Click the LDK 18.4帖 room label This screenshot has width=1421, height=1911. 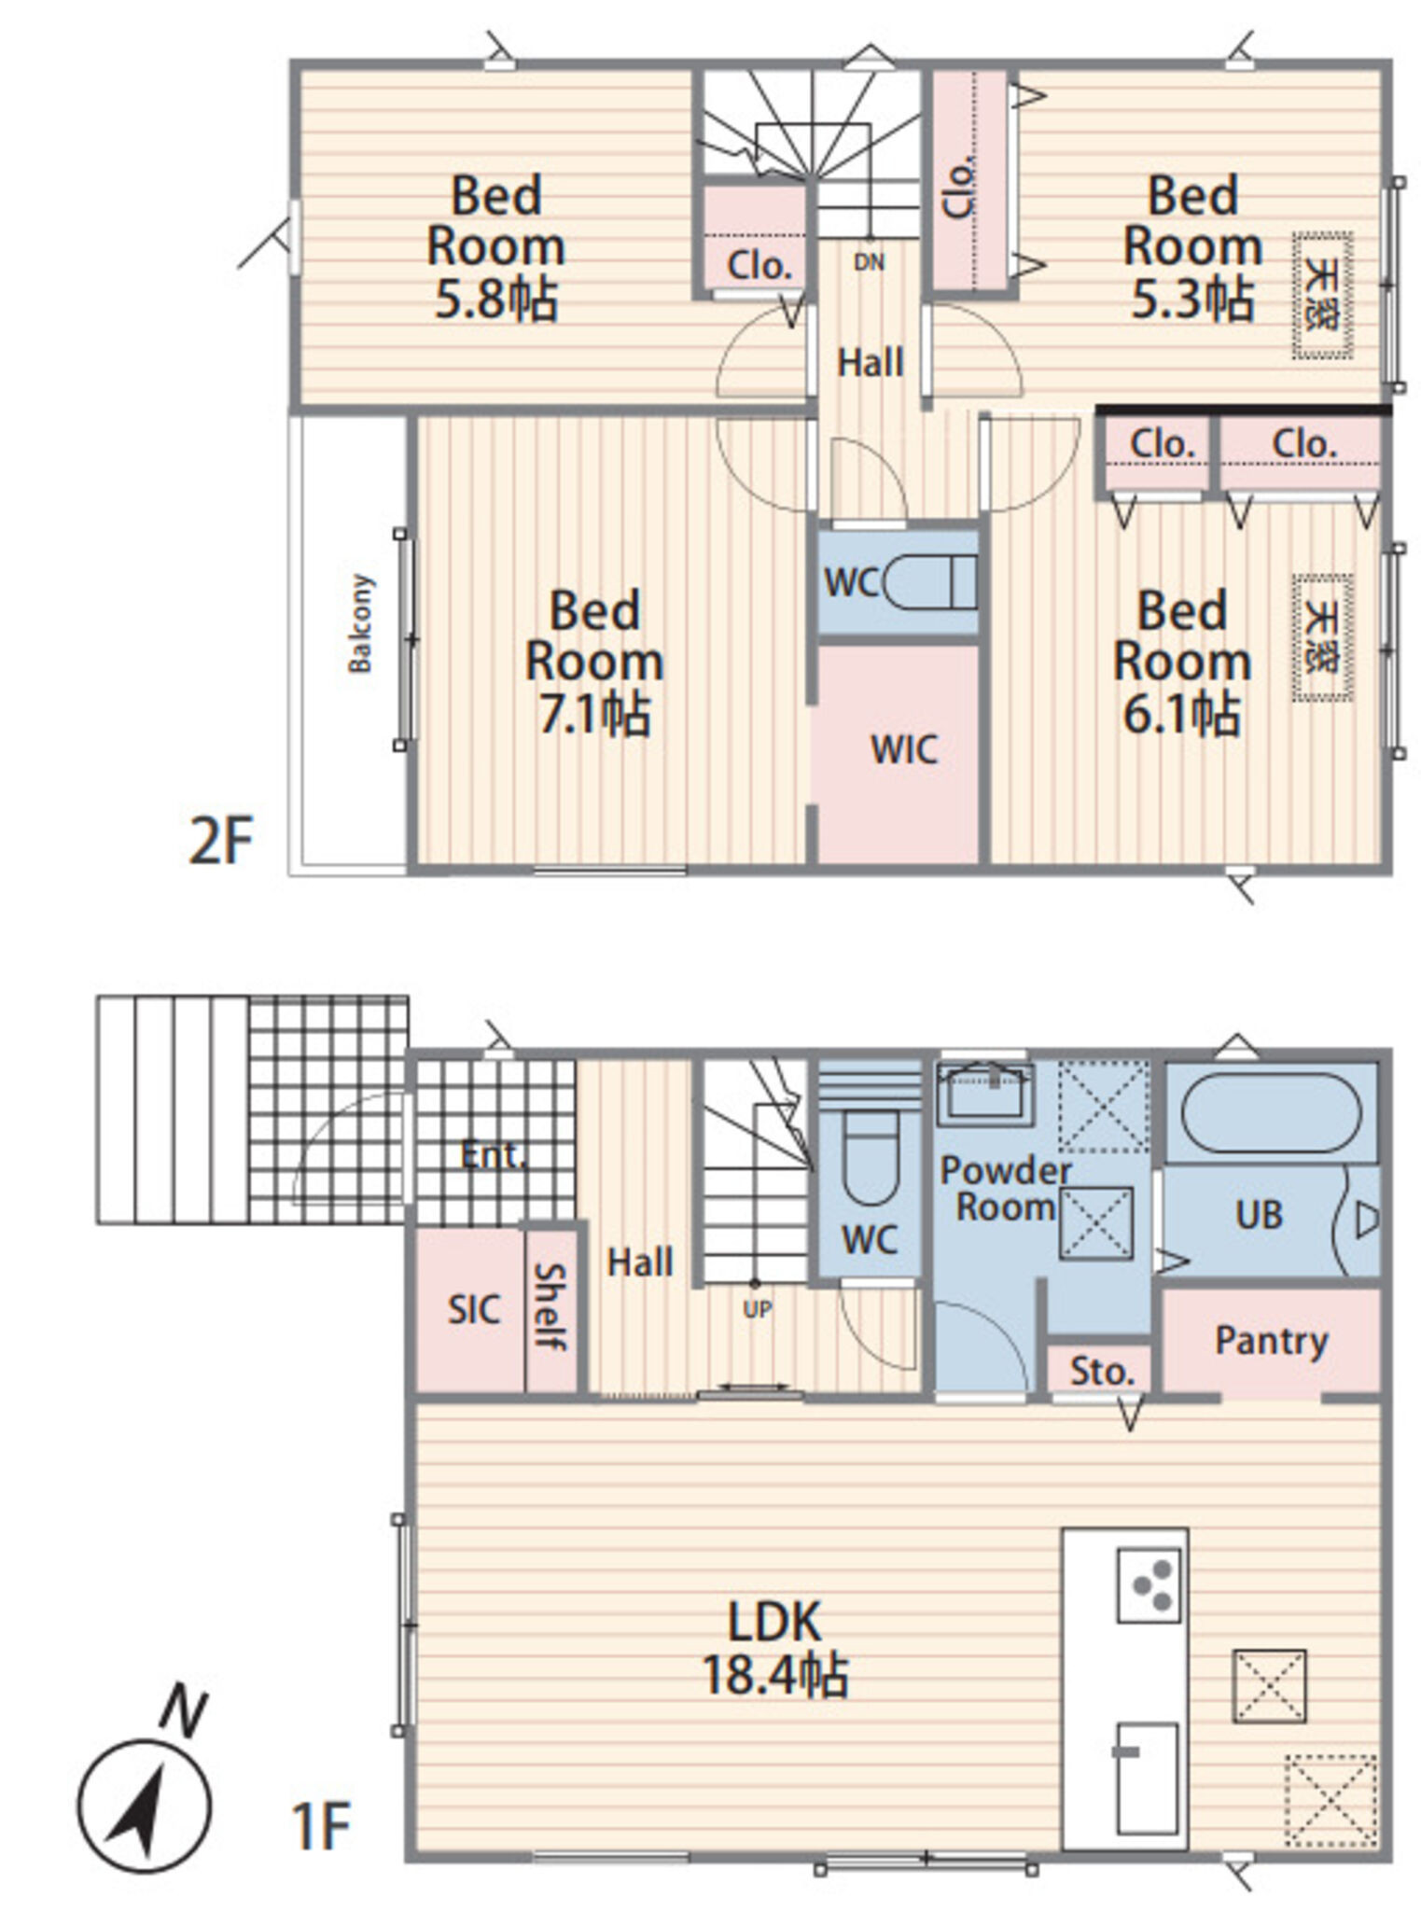pyautogui.click(x=774, y=1648)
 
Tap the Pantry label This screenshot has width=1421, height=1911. pyautogui.click(x=1271, y=1342)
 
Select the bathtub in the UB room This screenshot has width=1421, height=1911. pyautogui.click(x=1272, y=1113)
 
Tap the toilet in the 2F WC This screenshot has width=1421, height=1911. pyautogui.click(x=929, y=583)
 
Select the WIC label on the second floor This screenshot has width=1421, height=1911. pyautogui.click(x=904, y=749)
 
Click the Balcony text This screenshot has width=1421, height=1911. pyautogui.click(x=360, y=623)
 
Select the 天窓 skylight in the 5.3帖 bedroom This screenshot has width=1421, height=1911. pyautogui.click(x=1322, y=296)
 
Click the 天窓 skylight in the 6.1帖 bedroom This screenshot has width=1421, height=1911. pyautogui.click(x=1322, y=638)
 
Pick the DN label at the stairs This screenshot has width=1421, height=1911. pyautogui.click(x=869, y=262)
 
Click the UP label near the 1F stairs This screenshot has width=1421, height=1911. pyautogui.click(x=757, y=1310)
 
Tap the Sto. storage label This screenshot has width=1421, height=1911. pyautogui.click(x=1101, y=1372)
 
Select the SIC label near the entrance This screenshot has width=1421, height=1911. pyautogui.click(x=473, y=1310)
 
